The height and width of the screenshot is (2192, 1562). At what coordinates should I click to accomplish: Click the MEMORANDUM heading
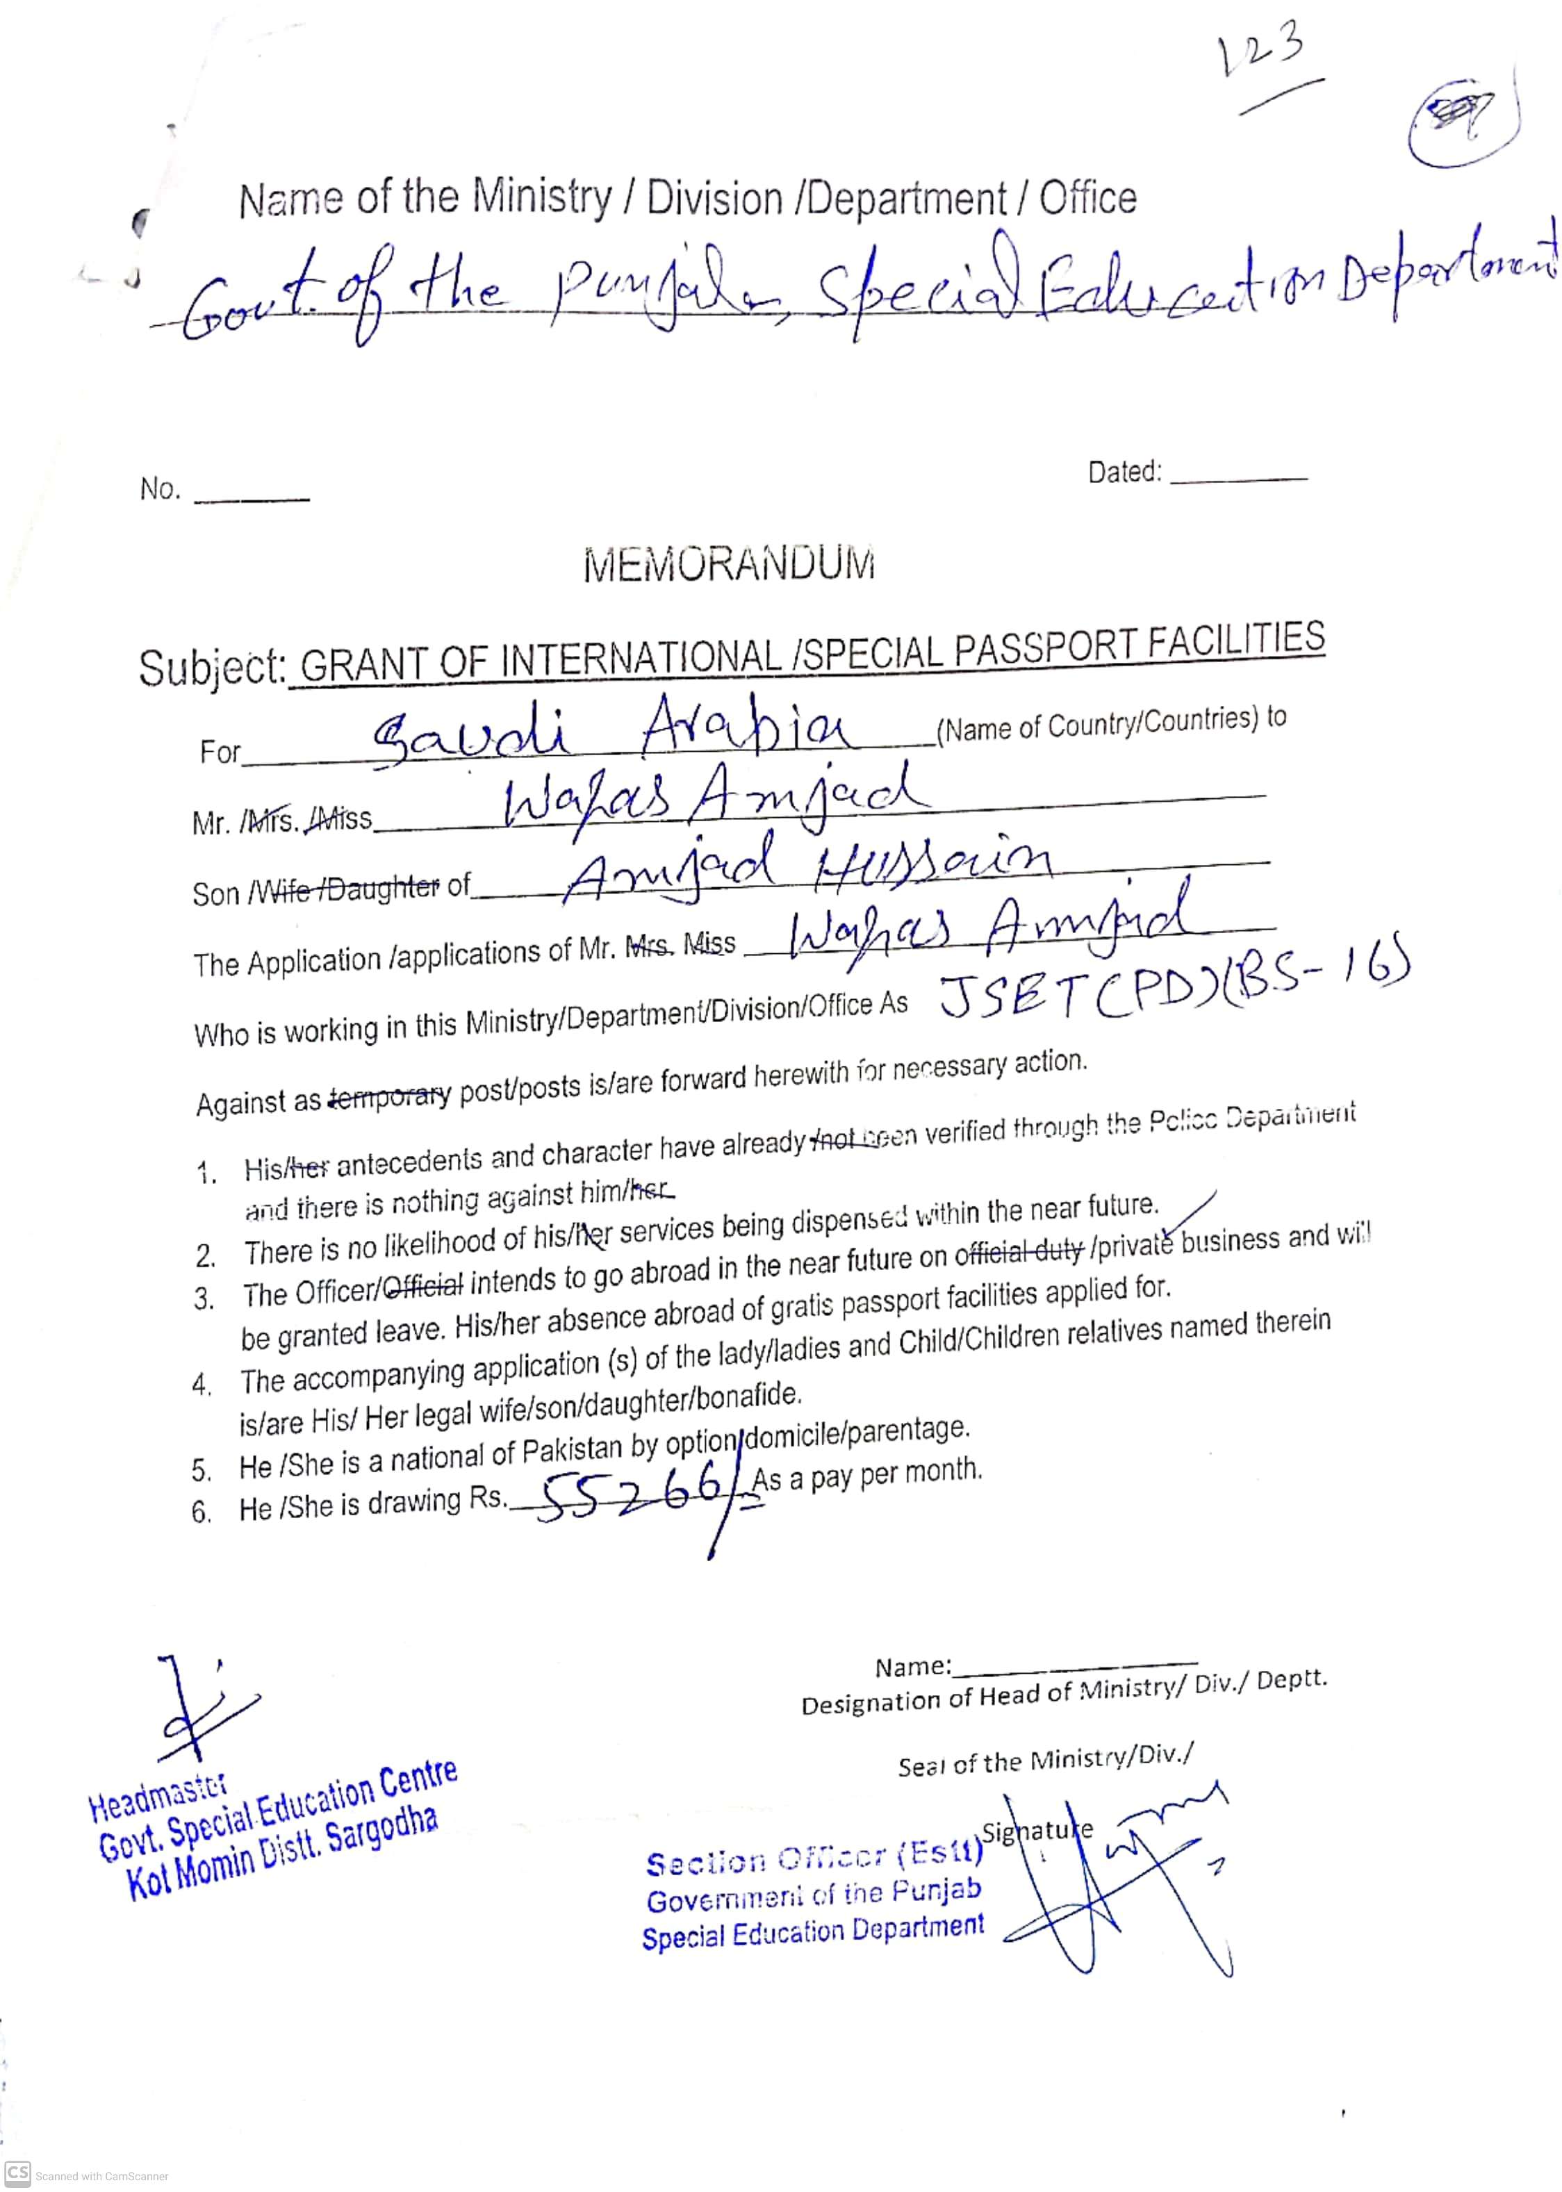click(729, 565)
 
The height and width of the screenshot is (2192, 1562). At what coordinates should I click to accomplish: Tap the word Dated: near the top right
click(1124, 472)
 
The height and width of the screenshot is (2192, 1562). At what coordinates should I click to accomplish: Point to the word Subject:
click(212, 668)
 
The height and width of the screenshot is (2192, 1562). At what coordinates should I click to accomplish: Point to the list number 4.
click(201, 1386)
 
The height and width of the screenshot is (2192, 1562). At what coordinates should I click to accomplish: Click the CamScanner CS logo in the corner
click(17, 2173)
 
